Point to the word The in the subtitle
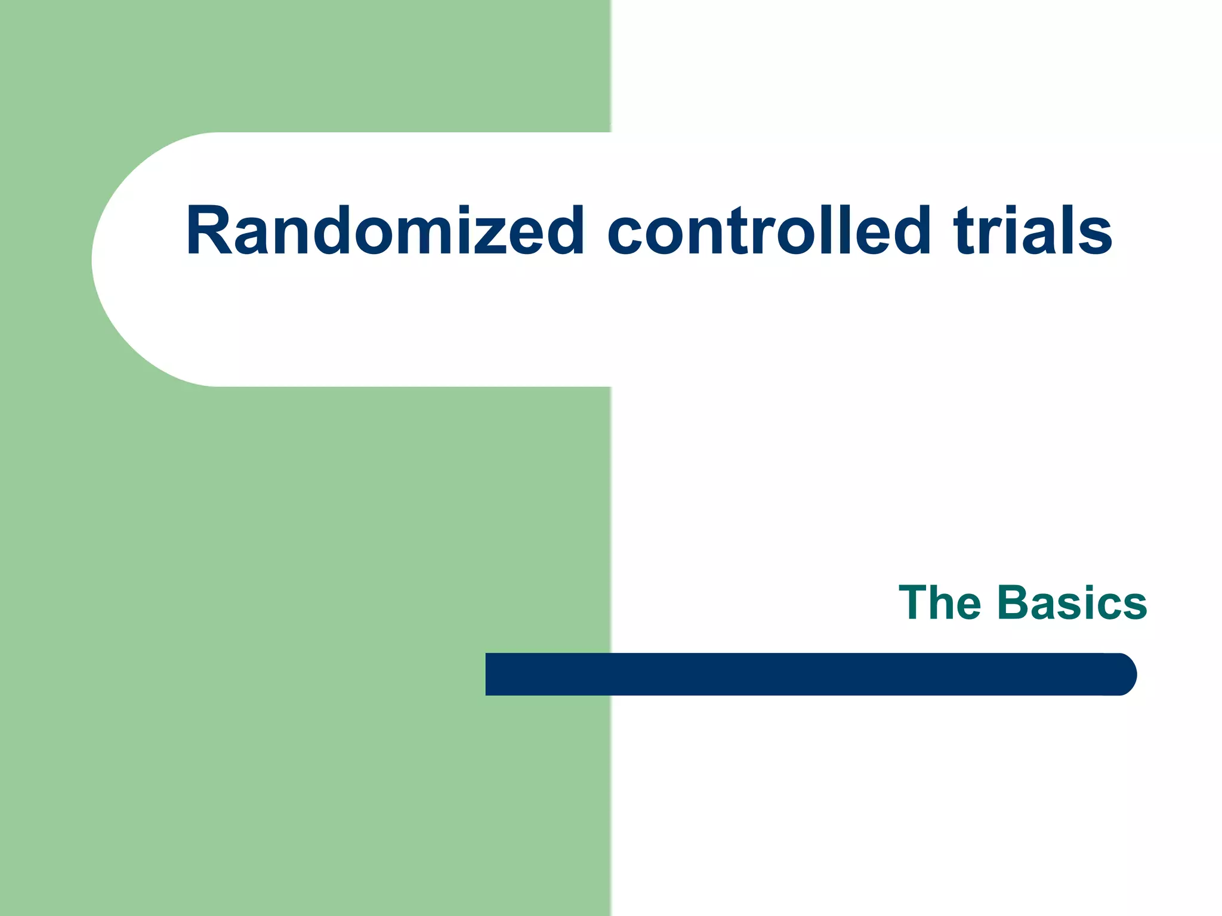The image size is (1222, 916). (x=940, y=603)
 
